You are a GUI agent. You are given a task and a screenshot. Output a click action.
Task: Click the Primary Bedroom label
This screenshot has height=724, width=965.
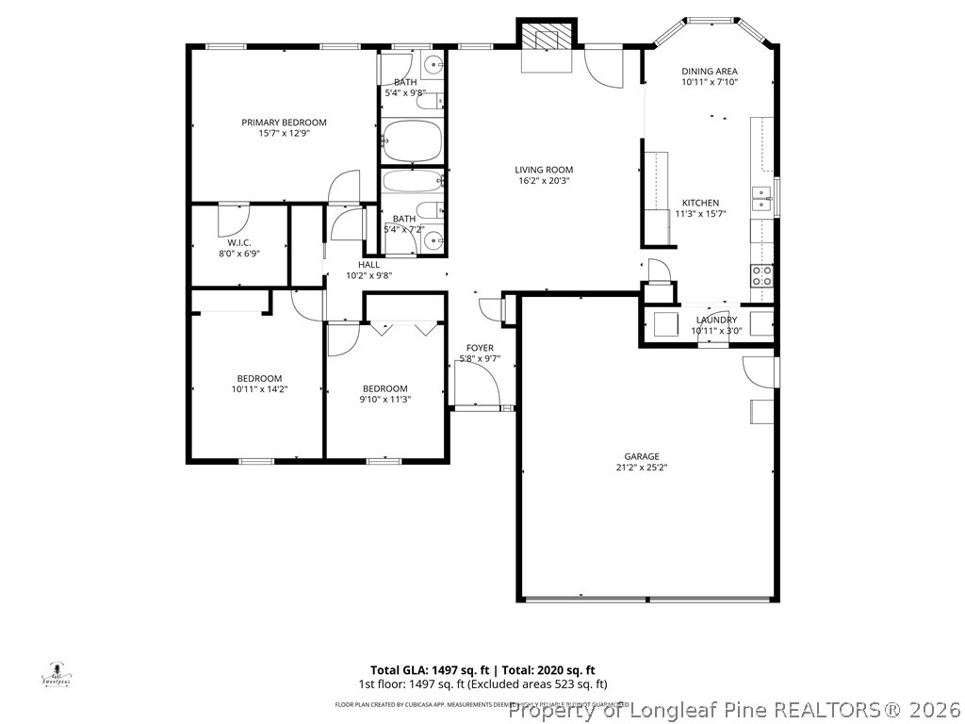pos(284,123)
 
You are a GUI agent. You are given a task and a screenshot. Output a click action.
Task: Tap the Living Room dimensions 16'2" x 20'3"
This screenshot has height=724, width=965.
pos(544,181)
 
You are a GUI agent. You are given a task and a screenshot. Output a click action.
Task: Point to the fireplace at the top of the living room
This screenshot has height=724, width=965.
pos(546,45)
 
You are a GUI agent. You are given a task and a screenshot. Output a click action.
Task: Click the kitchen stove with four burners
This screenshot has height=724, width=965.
pos(761,275)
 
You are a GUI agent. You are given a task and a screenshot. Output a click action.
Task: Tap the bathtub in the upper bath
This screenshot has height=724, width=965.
pos(413,142)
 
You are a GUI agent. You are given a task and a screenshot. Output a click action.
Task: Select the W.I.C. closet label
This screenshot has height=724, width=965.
pos(238,242)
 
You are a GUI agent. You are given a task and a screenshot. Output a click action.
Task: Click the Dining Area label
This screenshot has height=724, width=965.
pos(710,71)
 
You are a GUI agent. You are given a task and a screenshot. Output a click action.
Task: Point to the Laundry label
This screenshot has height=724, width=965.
pos(716,320)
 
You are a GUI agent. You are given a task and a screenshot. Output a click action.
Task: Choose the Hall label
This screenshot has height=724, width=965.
pos(368,265)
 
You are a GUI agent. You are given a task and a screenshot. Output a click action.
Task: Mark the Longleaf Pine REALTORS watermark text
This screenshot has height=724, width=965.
pos(734,709)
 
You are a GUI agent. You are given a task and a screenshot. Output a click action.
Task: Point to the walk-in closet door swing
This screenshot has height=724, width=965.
pos(231,219)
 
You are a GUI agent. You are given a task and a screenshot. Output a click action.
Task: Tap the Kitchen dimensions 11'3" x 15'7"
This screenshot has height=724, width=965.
pos(700,214)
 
